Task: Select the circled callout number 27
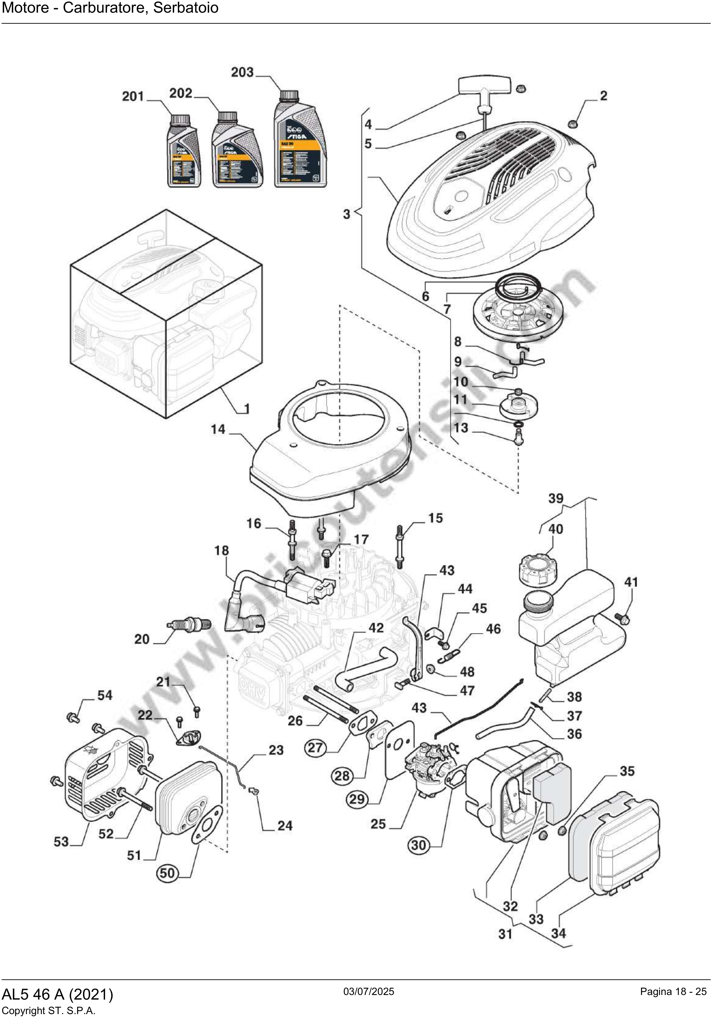315,748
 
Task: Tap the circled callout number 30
418,845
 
